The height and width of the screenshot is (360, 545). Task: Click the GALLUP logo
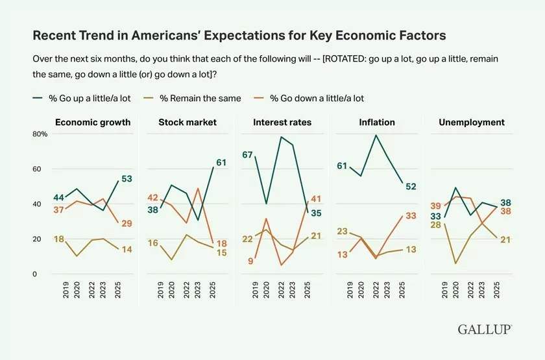485,330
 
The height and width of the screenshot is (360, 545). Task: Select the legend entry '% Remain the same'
200,98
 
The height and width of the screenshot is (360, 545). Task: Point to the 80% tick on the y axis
40,134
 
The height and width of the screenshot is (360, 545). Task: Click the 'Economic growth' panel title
93,122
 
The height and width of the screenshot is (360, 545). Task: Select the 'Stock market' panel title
188,122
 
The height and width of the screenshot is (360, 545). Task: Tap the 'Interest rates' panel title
282,122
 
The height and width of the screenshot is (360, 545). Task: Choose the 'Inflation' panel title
377,122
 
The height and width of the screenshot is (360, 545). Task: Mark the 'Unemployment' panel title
472,122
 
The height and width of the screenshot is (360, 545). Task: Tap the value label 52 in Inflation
411,186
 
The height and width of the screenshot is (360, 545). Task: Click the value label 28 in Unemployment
435,225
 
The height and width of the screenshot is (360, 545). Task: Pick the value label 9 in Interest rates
250,261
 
